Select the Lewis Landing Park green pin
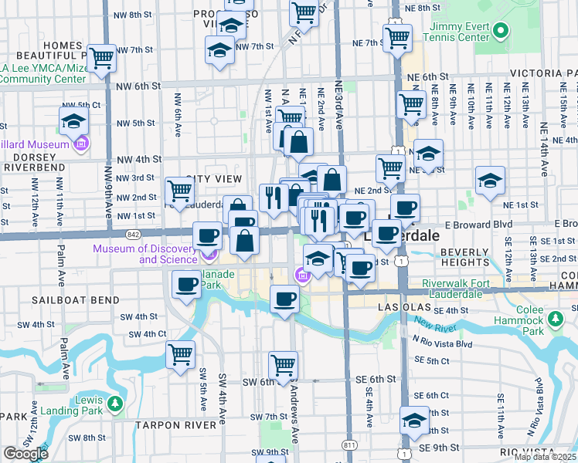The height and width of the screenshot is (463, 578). click(x=114, y=403)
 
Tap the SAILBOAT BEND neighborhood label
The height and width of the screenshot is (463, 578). click(x=75, y=299)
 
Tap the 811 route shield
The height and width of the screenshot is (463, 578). click(x=351, y=445)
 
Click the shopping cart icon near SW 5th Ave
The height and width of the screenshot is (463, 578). click(x=180, y=354)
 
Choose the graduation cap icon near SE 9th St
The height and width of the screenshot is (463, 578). click(x=414, y=420)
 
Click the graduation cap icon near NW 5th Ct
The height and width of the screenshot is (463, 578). click(x=73, y=120)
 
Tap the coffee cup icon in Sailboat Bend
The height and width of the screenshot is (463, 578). click(x=186, y=283)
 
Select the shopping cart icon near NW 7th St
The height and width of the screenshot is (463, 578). click(x=102, y=57)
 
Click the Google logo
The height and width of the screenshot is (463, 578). click(x=25, y=454)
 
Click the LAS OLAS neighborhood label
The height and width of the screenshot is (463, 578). click(x=398, y=306)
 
